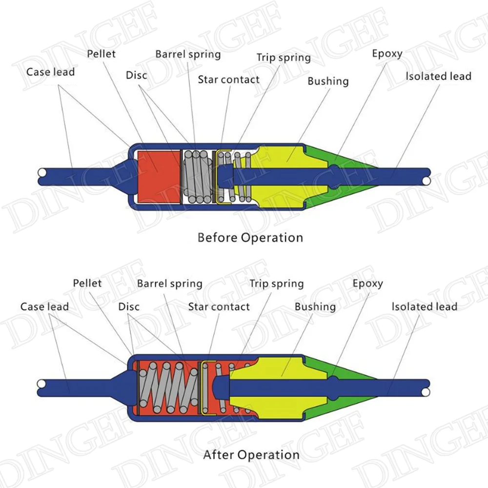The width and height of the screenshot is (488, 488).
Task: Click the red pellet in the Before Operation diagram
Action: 159,177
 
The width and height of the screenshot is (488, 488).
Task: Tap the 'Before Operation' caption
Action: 250,238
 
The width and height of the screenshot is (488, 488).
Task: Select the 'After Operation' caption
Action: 251,455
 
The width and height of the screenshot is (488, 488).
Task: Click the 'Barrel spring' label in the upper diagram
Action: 188,55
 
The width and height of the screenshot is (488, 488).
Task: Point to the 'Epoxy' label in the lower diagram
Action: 367,284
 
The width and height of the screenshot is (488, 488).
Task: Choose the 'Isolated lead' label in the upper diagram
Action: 439,76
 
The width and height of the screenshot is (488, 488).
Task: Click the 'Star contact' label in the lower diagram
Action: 219,307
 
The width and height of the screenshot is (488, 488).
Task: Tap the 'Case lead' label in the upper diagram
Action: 50,72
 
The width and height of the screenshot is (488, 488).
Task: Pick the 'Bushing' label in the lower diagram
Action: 315,307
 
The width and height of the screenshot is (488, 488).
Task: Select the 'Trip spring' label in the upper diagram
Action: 284,58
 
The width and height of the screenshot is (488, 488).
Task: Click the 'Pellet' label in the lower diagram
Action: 87,283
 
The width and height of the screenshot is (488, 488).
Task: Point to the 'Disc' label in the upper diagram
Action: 136,75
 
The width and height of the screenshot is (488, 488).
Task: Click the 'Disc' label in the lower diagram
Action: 129,307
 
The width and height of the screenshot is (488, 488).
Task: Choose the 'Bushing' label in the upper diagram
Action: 328,81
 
